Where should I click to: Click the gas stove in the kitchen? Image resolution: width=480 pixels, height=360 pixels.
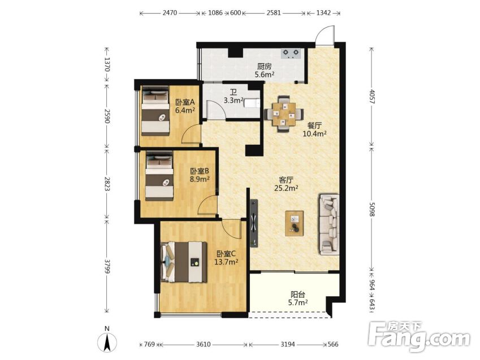coord(291,53)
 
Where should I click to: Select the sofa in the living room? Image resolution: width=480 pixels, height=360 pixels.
coord(330,224)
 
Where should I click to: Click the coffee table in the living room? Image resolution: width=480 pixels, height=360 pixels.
coord(295,223)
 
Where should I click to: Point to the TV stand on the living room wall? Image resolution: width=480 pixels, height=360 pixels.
coord(254,223)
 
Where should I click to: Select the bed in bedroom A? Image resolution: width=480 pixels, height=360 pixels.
coord(155,111)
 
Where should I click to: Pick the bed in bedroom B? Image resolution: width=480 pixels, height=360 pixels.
coord(159,176)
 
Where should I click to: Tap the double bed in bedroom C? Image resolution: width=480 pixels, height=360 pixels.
coord(184,262)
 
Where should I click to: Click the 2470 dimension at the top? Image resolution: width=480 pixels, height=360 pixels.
coord(170,13)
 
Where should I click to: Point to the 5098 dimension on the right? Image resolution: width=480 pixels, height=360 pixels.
coord(372,209)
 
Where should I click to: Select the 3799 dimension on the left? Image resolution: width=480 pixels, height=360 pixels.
coord(107,267)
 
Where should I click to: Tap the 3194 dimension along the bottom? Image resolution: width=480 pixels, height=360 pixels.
coord(288,344)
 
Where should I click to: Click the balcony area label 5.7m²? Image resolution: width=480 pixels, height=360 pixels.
coord(298,303)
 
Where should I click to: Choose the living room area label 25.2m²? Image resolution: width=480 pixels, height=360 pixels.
coord(286,188)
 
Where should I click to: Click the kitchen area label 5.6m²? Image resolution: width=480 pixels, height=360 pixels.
coord(265,74)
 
